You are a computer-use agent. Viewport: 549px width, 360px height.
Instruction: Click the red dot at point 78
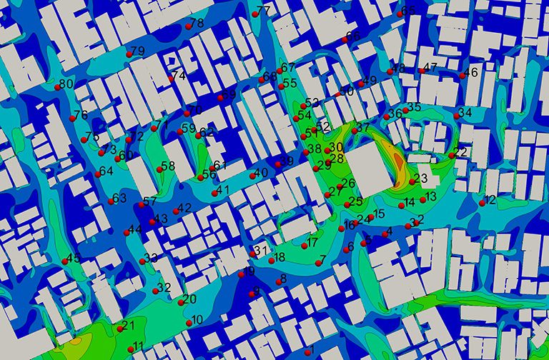pyautogui.click(x=188, y=26)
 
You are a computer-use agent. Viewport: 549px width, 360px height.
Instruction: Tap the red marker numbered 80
pyautogui.click(x=58, y=87)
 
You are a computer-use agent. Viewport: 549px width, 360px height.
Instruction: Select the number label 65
pyautogui.click(x=409, y=11)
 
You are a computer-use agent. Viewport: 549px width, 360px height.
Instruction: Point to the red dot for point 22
pyautogui.click(x=452, y=155)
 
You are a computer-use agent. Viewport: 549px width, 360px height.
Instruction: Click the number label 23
pyautogui.click(x=421, y=178)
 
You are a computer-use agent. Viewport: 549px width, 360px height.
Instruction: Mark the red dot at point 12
pyautogui.click(x=483, y=203)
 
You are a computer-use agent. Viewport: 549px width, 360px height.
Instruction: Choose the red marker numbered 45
pyautogui.click(x=65, y=261)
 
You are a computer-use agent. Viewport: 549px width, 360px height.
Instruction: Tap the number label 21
pyautogui.click(x=129, y=326)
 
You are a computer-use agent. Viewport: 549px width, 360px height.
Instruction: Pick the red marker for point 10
pyautogui.click(x=189, y=323)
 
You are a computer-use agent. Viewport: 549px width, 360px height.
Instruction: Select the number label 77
pyautogui.click(x=264, y=11)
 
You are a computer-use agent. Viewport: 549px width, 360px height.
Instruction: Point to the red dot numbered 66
pyautogui.click(x=345, y=39)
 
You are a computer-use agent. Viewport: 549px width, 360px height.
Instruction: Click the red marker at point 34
pyautogui.click(x=457, y=116)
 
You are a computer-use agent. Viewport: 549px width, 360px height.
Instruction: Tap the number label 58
pyautogui.click(x=168, y=166)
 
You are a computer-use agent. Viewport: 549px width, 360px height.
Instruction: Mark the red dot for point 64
pyautogui.click(x=98, y=174)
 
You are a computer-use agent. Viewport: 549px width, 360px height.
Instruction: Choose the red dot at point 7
pyautogui.click(x=318, y=263)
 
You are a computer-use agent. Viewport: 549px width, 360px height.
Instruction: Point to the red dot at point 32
pyautogui.click(x=156, y=291)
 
